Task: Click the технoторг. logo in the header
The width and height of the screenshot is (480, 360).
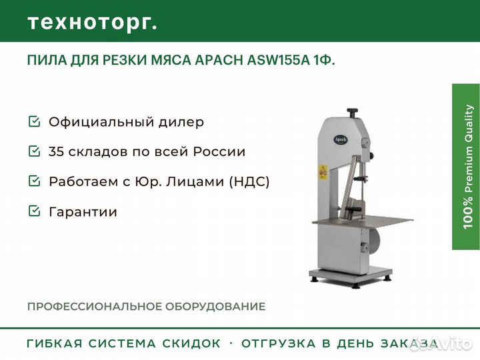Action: coord(93,23)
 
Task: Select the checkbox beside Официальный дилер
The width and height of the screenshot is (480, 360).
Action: coord(34,121)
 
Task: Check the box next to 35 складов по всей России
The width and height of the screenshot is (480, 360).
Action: coord(34,151)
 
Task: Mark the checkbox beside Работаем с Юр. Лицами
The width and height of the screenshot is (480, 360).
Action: coord(34,181)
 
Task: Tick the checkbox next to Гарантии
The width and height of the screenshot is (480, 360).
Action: coord(34,211)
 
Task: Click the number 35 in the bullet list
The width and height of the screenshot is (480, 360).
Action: coord(56,151)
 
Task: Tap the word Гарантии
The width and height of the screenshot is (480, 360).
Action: coord(83,212)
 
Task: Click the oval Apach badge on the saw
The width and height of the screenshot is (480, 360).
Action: coord(341,139)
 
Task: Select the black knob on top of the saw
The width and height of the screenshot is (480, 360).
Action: coord(353,113)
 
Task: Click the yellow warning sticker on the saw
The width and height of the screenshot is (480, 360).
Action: coord(323,172)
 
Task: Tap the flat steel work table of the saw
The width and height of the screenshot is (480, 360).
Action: coord(363,221)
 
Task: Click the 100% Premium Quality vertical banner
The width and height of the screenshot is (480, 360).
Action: coord(466,167)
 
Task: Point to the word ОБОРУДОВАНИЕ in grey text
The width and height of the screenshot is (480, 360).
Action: coord(215,307)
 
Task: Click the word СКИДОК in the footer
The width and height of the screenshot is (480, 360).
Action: coord(191,343)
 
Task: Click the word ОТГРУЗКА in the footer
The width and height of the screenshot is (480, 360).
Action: coord(279,343)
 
